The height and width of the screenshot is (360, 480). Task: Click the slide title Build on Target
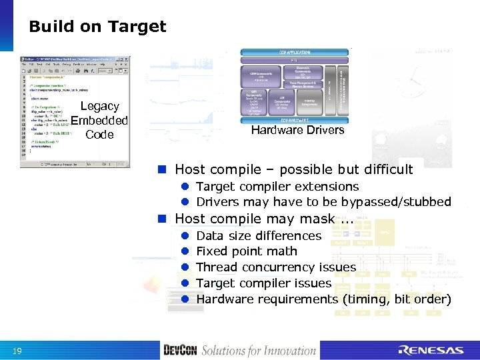(x=97, y=27)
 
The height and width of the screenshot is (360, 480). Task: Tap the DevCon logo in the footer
(x=180, y=350)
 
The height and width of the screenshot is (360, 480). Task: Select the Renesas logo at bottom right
(x=431, y=350)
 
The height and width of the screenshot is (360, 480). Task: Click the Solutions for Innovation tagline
(x=259, y=350)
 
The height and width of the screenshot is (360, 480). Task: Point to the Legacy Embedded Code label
(x=99, y=121)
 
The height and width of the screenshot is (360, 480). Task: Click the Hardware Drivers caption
(x=297, y=130)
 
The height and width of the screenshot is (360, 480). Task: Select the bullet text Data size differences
(x=259, y=235)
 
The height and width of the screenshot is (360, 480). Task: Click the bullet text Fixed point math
(x=247, y=251)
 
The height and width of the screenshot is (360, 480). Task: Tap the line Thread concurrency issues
(x=276, y=267)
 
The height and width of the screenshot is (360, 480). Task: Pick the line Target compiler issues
(x=264, y=283)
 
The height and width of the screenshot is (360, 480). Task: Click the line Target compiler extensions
(x=277, y=187)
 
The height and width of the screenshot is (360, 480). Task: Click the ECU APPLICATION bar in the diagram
(x=294, y=52)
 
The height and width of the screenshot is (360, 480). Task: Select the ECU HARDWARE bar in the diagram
(x=294, y=119)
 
